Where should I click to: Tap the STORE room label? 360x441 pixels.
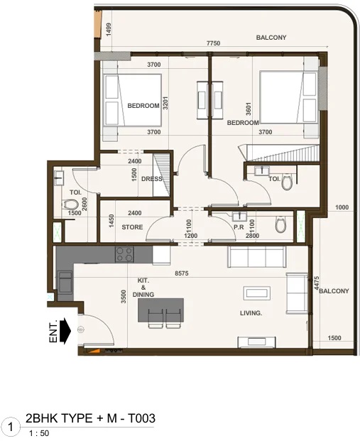pyautogui.click(x=132, y=227)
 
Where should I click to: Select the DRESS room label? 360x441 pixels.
pyautogui.click(x=151, y=179)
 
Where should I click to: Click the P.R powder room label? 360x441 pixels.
pyautogui.click(x=239, y=227)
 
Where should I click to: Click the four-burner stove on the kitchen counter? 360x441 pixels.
pyautogui.click(x=125, y=254)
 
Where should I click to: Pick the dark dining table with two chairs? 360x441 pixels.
pyautogui.click(x=162, y=310)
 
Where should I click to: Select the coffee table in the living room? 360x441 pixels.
pyautogui.click(x=256, y=293)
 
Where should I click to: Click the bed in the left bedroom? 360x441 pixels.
pyautogui.click(x=133, y=101)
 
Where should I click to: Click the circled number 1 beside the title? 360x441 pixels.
pyautogui.click(x=11, y=426)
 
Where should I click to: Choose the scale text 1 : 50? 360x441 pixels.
pyautogui.click(x=40, y=432)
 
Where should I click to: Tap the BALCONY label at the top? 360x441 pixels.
pyautogui.click(x=271, y=38)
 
